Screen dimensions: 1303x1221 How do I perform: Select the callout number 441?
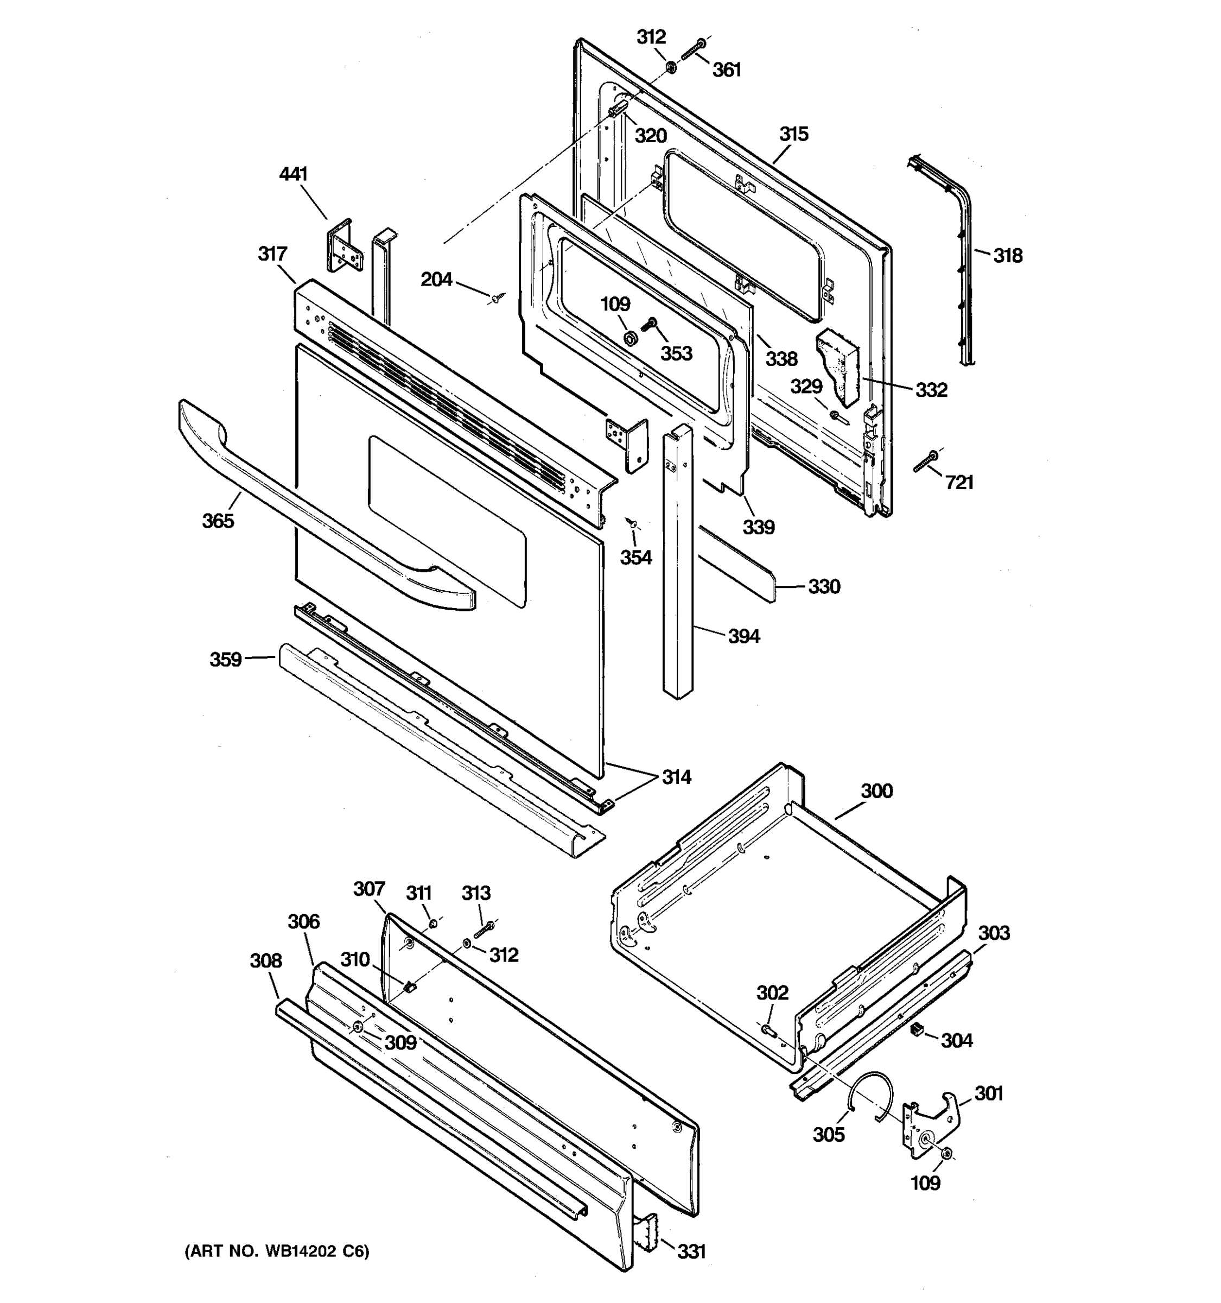294,174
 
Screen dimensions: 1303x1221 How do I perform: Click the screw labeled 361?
692,50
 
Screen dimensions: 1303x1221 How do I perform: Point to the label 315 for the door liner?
793,134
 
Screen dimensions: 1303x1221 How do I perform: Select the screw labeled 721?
926,461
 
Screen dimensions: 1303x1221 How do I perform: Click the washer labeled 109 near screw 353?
631,339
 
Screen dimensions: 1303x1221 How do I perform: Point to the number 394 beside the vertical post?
744,636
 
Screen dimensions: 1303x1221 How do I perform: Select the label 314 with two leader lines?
676,777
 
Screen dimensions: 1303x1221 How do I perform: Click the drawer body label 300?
876,791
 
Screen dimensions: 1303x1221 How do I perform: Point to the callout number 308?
265,961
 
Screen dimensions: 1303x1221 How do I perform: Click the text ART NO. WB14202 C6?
276,1251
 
